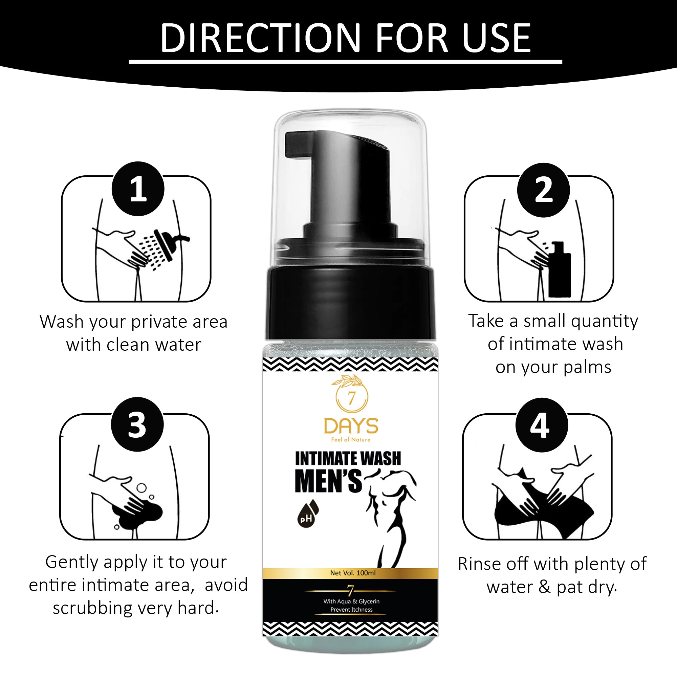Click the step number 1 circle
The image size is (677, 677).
[x=138, y=189]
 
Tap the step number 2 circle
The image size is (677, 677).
[x=544, y=190]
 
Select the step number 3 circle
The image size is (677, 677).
[x=137, y=424]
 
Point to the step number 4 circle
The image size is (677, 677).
[x=541, y=425]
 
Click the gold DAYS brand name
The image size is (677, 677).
[x=351, y=426]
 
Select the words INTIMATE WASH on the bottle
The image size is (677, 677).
[x=348, y=459]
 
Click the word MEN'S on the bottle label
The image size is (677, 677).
[x=328, y=481]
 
